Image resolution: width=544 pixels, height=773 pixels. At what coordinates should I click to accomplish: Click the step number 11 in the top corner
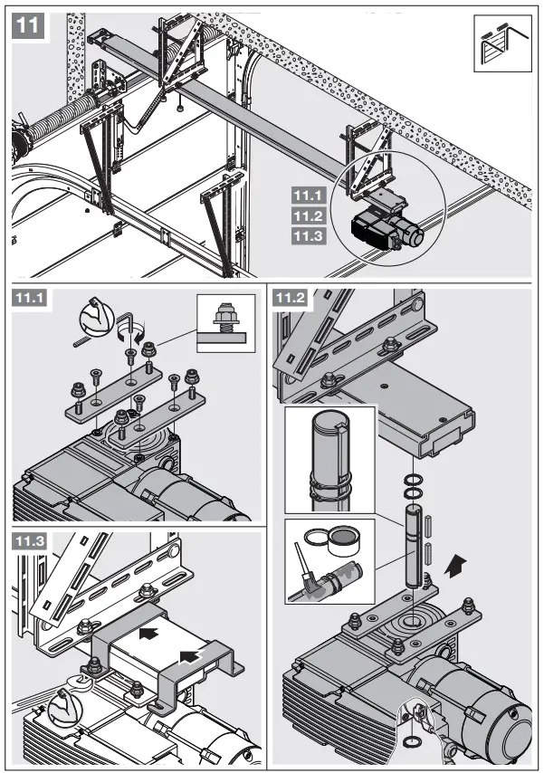pos(28,25)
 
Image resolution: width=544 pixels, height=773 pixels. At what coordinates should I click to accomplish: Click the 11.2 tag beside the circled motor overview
pos(308,215)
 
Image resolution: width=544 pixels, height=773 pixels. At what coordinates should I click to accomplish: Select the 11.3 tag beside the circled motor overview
pos(308,236)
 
